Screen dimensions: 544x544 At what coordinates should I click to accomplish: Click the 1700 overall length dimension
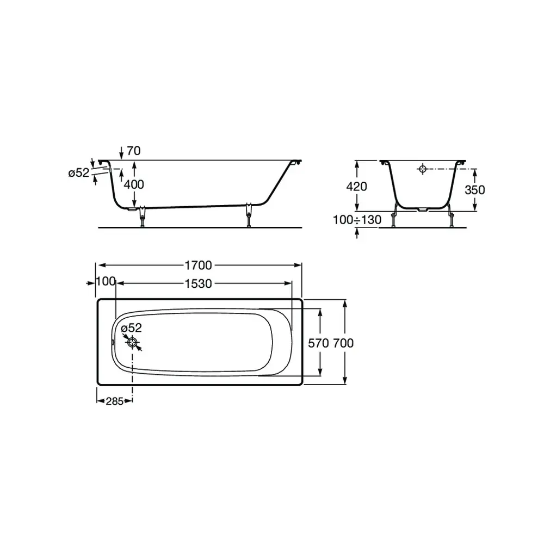(198, 265)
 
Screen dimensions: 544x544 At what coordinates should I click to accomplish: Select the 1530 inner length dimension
(198, 284)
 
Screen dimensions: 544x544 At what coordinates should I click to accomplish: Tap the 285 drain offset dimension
(114, 401)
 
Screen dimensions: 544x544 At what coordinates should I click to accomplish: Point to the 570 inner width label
(318, 343)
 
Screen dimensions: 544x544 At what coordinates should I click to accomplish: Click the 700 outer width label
(343, 343)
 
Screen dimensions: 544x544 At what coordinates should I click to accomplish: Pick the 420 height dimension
(356, 187)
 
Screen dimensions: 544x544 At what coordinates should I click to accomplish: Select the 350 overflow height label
(474, 190)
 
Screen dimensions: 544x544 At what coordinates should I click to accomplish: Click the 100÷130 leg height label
(357, 220)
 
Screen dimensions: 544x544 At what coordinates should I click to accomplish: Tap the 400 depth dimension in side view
(134, 184)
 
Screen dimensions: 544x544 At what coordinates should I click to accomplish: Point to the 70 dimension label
(134, 151)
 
